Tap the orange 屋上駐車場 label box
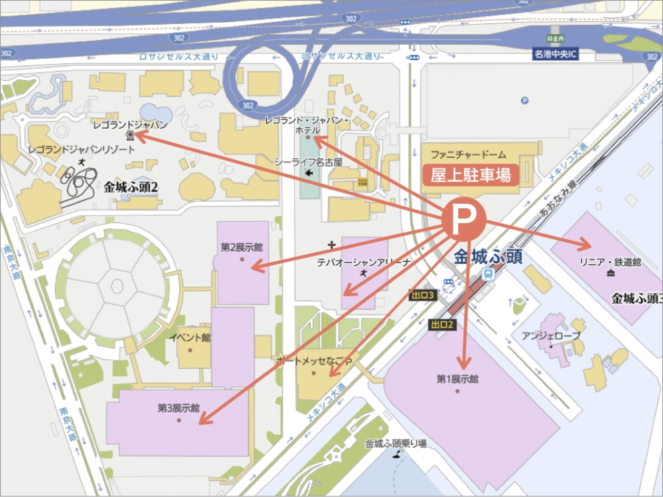(471, 175)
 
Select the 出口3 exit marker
(423, 295)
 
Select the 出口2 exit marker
(442, 325)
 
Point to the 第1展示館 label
(458, 379)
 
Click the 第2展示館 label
(241, 247)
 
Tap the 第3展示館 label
(178, 407)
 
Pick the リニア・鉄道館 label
(610, 263)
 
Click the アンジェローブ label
(551, 336)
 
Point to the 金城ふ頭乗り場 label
(396, 443)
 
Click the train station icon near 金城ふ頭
(489, 273)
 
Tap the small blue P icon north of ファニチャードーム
(524, 101)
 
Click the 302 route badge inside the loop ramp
(248, 106)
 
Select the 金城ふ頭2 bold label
(131, 188)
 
